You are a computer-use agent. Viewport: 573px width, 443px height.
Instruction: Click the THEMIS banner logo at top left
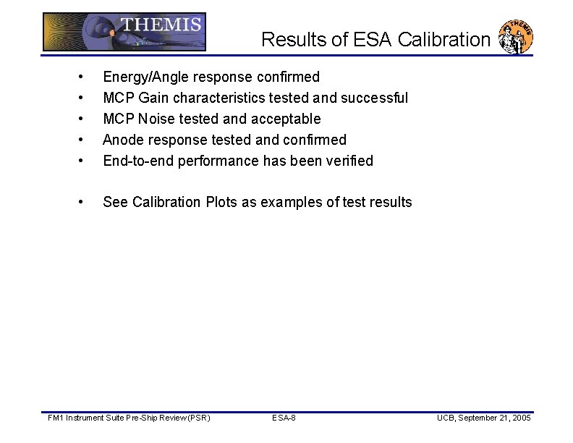click(124, 32)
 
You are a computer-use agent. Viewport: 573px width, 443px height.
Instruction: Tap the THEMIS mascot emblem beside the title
click(517, 37)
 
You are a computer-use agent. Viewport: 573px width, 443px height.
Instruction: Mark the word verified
click(350, 161)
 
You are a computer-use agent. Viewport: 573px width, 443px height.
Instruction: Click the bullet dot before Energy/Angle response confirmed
click(85, 77)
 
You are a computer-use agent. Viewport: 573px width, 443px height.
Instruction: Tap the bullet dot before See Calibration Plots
click(85, 203)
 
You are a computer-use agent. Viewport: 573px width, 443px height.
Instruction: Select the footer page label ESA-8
click(283, 418)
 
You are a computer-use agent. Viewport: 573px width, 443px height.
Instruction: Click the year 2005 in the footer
click(521, 418)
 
